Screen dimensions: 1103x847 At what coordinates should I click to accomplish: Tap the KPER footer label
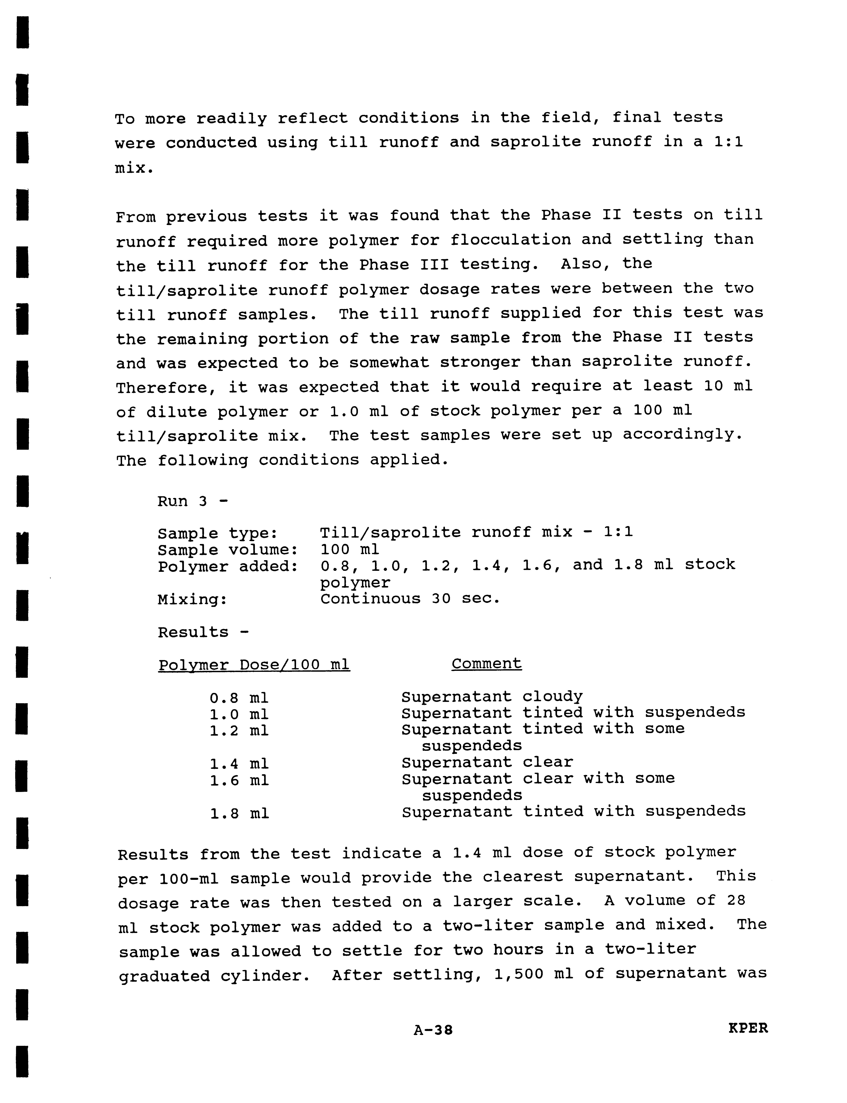748,1028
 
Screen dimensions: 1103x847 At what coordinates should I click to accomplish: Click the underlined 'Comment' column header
487,664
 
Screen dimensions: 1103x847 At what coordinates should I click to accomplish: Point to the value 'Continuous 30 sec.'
410,599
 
